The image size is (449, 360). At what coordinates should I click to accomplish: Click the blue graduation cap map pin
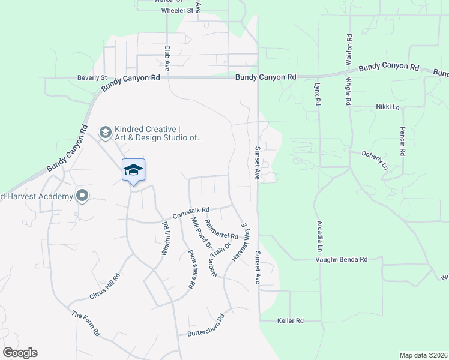pos(133,170)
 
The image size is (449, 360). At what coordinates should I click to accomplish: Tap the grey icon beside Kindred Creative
pos(105,132)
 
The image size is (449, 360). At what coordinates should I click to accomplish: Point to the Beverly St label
pos(91,77)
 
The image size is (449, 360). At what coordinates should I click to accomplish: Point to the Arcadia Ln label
pos(320,235)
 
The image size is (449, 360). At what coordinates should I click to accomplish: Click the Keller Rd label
pos(291,321)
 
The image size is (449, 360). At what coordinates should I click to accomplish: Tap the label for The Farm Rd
pos(85,323)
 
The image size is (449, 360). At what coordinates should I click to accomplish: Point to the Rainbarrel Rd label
pos(221,230)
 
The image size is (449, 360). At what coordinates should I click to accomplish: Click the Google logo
pos(20,353)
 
